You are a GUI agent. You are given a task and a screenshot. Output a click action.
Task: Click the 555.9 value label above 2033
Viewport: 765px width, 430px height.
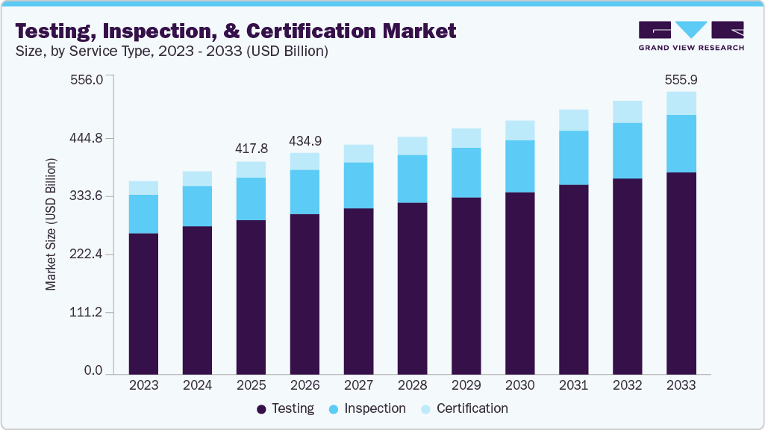(x=681, y=79)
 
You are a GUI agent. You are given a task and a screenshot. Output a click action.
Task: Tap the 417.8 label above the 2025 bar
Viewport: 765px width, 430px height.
(x=251, y=148)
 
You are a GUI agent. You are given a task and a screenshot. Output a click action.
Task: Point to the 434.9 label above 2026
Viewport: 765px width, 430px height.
(x=305, y=140)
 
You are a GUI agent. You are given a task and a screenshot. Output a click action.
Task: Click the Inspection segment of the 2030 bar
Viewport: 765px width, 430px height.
(x=519, y=166)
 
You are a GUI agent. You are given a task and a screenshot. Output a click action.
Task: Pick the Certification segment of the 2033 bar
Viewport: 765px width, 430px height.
(x=681, y=103)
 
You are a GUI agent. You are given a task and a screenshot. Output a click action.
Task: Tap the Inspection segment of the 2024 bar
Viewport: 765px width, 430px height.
(x=197, y=205)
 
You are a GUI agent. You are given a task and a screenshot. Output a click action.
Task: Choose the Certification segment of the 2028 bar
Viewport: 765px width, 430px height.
(x=412, y=146)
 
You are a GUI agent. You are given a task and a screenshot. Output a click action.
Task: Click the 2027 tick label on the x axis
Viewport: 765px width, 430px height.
(x=358, y=385)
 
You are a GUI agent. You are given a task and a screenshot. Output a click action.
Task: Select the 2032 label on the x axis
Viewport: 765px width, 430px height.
(x=627, y=385)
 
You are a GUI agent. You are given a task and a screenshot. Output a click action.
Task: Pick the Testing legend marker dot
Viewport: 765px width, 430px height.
(x=261, y=409)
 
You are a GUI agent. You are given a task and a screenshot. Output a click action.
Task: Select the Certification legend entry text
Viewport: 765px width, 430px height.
(x=472, y=408)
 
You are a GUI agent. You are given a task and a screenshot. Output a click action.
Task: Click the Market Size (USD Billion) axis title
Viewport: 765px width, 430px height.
(x=51, y=224)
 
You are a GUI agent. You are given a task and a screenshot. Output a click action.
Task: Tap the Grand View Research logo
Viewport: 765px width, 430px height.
(x=690, y=36)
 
